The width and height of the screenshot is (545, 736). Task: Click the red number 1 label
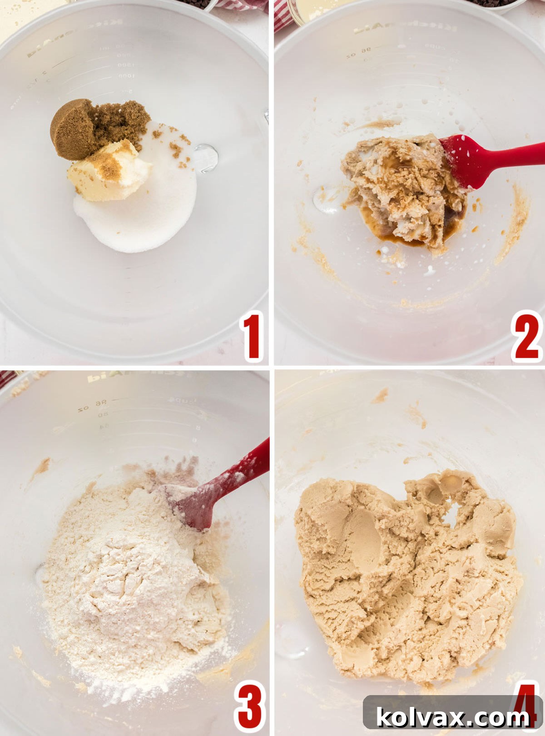252,337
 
